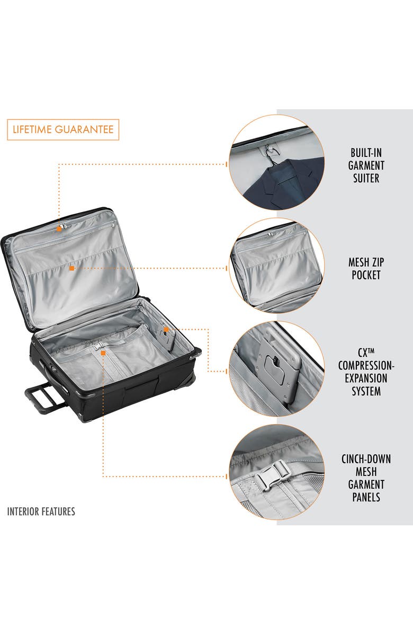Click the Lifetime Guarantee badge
63,129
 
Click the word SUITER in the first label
366,178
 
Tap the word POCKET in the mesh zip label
366,275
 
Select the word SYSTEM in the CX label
366,391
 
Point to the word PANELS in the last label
366,497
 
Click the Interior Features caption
41,512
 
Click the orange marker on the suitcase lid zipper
60,229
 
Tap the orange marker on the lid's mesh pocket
71,268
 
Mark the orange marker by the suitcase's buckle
103,352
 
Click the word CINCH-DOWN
366,459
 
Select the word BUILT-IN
366,153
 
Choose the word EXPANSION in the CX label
366,378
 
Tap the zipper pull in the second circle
271,234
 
